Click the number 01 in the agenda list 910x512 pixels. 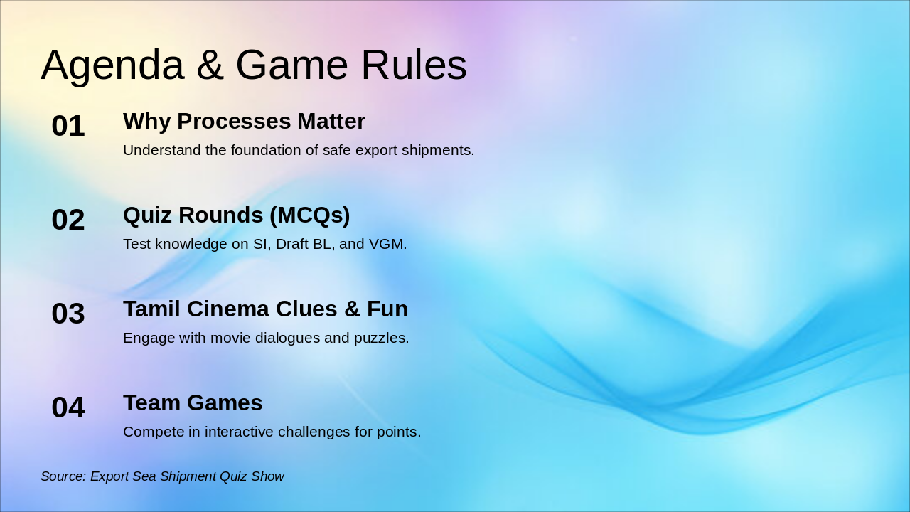coord(68,126)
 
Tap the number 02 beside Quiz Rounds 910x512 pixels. coord(68,220)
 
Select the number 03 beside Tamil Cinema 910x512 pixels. coord(68,314)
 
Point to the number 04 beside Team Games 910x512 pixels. coord(68,407)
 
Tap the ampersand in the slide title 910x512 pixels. coord(210,65)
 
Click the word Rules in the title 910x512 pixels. coord(414,65)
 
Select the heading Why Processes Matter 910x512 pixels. coord(244,122)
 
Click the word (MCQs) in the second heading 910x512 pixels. coord(309,215)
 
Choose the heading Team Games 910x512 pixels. coord(193,402)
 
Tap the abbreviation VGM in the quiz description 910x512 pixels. coord(387,244)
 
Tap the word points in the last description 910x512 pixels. coord(399,432)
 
